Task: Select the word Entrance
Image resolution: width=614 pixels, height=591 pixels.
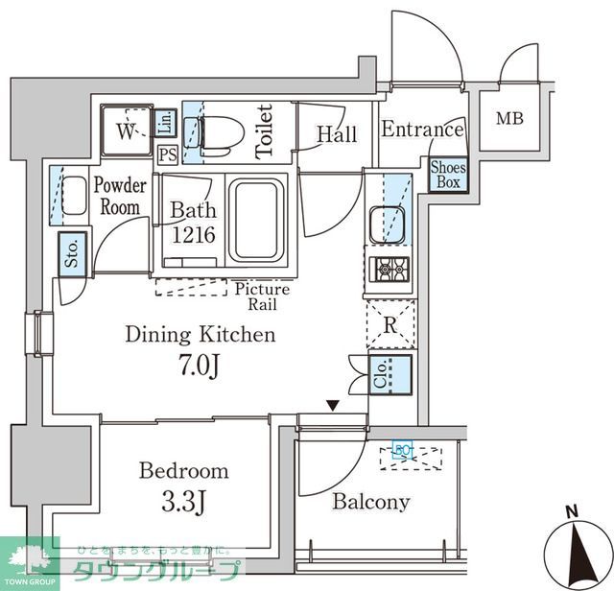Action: coord(422,130)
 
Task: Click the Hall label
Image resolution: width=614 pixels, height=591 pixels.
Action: coord(337,134)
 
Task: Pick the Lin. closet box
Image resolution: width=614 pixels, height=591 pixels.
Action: coord(165,122)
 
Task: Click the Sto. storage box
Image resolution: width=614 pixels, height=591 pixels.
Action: coord(71,254)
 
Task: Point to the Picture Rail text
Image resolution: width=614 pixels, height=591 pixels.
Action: coord(260,296)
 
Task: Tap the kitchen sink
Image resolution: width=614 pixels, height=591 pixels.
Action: coord(390,224)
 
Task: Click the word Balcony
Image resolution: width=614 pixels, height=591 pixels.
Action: coord(370,501)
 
